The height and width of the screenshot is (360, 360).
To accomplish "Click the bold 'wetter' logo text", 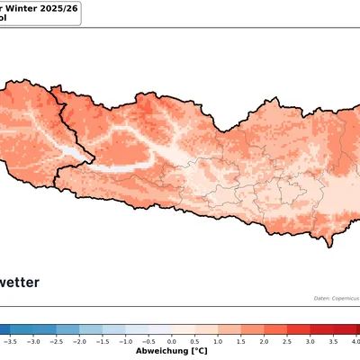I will tap(20, 282).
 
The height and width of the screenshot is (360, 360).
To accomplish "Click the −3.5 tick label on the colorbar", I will tap(10, 342).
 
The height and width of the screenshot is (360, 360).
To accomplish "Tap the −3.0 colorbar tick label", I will tap(33, 342).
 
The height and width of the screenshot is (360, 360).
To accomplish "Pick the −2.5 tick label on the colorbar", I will tap(57, 342).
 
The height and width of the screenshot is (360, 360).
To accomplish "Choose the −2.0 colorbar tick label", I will tap(79, 342).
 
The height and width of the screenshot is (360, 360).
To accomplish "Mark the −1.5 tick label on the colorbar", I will tap(103, 342).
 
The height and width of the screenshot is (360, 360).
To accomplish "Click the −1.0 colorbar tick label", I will tap(126, 342).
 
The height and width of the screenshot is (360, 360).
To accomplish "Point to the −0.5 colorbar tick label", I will tap(148, 342).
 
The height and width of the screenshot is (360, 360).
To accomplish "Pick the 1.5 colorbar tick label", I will tap(242, 342).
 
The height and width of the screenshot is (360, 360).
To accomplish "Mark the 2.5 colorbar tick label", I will tap(288, 342).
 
